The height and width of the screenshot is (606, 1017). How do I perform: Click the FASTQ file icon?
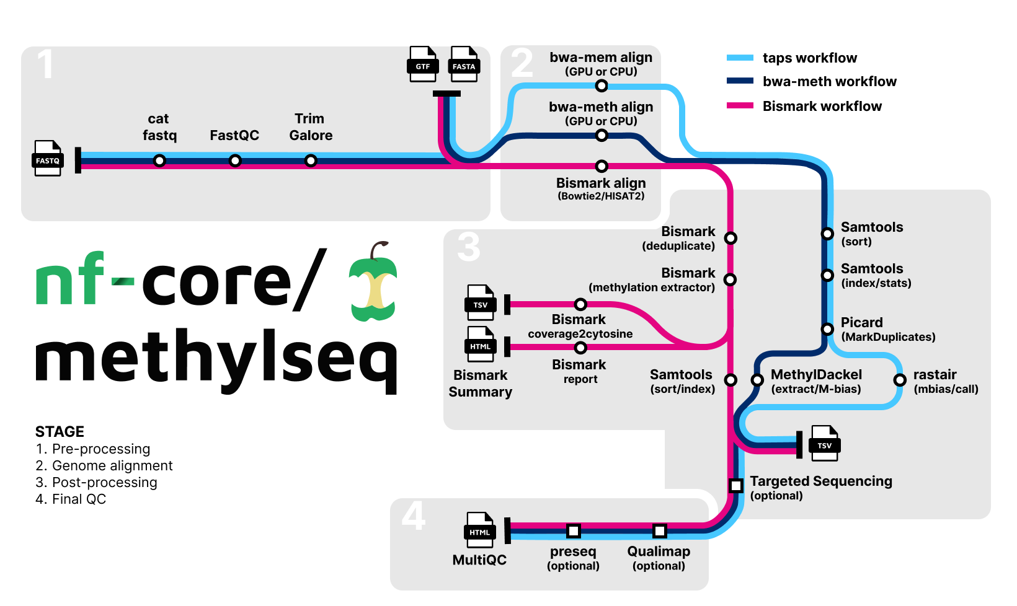[x=48, y=159]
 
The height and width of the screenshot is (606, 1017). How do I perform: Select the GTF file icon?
[x=422, y=64]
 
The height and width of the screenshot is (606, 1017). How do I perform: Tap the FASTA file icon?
[x=464, y=64]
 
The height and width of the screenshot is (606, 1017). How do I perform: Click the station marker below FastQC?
[x=235, y=161]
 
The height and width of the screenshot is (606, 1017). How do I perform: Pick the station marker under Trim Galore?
[x=311, y=161]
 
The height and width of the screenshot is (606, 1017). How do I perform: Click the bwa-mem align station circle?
[x=601, y=86]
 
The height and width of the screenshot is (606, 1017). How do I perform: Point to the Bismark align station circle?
[x=601, y=166]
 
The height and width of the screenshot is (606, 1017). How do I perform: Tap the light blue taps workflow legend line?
[x=740, y=58]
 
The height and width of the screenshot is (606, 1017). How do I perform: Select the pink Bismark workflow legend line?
[x=740, y=106]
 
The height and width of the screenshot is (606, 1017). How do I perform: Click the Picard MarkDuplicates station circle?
[x=827, y=329]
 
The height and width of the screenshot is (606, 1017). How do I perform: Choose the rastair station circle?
[x=900, y=380]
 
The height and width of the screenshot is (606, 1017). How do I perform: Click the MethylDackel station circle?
[x=757, y=380]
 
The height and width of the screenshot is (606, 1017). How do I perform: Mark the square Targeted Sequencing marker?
[x=736, y=485]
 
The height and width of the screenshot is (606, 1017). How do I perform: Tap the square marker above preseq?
[x=574, y=531]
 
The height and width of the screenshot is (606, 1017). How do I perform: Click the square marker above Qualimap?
[x=659, y=531]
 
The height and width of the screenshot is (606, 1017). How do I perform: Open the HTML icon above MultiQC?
[x=479, y=530]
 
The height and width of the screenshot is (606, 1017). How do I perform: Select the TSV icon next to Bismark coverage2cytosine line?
[x=480, y=302]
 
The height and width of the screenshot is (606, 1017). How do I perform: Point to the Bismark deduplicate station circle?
[x=731, y=238]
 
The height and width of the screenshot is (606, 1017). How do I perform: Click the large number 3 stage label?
[x=469, y=246]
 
